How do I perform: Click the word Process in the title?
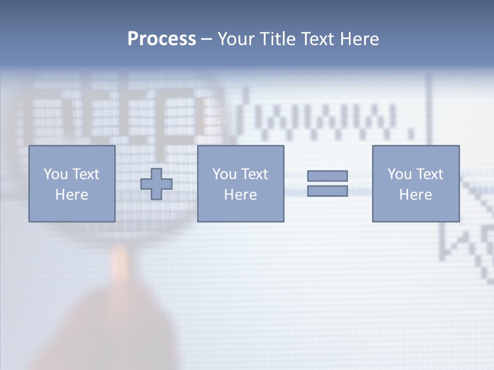pyautogui.click(x=162, y=39)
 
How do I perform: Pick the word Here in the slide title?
pyautogui.click(x=360, y=39)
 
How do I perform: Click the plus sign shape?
pyautogui.click(x=156, y=184)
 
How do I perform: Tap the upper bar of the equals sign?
pyautogui.click(x=327, y=176)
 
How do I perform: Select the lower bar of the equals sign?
pyautogui.click(x=327, y=191)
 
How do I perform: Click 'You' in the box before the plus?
pyautogui.click(x=56, y=174)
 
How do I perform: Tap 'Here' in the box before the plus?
pyautogui.click(x=72, y=195)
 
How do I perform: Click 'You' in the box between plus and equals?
pyautogui.click(x=224, y=174)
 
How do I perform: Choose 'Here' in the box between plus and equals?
pyautogui.click(x=240, y=195)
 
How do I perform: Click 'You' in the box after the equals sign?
pyautogui.click(x=399, y=174)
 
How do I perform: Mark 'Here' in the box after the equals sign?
pyautogui.click(x=415, y=195)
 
